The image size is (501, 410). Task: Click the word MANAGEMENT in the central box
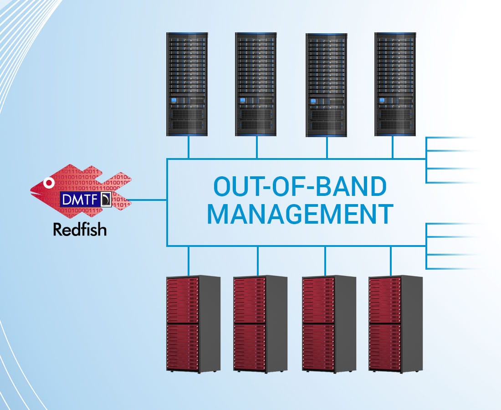pyautogui.click(x=300, y=214)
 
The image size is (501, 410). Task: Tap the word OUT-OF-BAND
pyautogui.click(x=300, y=186)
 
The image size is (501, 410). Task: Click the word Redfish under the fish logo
pyautogui.click(x=80, y=229)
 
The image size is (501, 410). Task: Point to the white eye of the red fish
pyautogui.click(x=47, y=184)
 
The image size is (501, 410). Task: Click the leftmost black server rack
pyautogui.click(x=187, y=84)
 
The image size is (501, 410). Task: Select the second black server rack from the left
pyautogui.click(x=256, y=84)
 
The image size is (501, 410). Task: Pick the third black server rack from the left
pyautogui.click(x=326, y=85)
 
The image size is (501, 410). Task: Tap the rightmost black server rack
pyautogui.click(x=395, y=84)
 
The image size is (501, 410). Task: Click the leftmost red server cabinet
pyautogui.click(x=192, y=323)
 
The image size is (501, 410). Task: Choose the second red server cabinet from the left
pyautogui.click(x=260, y=323)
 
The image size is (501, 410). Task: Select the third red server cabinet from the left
pyautogui.click(x=328, y=323)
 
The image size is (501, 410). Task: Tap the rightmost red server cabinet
pyautogui.click(x=395, y=323)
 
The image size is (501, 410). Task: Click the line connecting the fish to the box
pyautogui.click(x=148, y=200)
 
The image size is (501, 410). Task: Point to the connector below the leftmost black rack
pyautogui.click(x=188, y=147)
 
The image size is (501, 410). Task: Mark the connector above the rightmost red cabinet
pyautogui.click(x=391, y=261)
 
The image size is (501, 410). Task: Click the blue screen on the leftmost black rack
pyautogui.click(x=174, y=101)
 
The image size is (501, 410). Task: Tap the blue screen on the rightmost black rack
pyautogui.click(x=382, y=101)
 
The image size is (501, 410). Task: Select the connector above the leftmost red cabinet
pyautogui.click(x=188, y=261)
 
